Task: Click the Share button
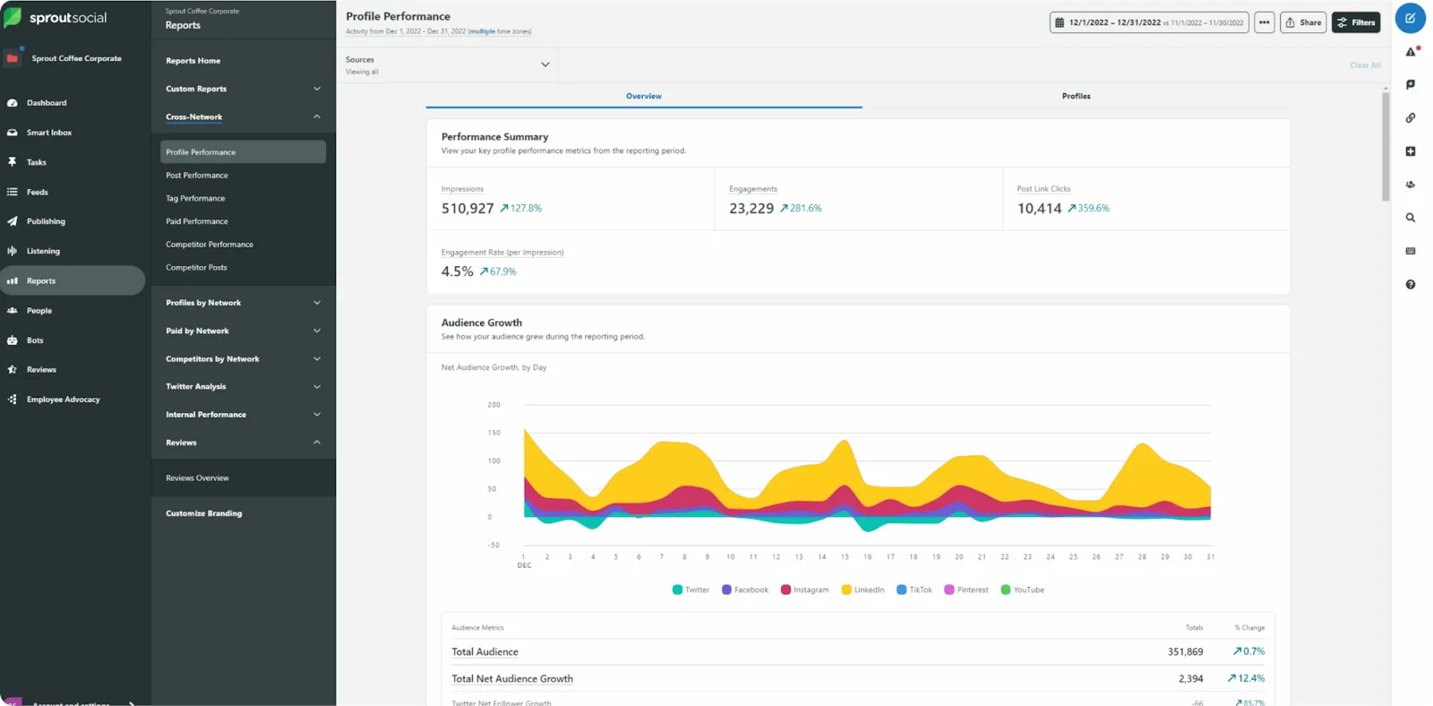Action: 1302,22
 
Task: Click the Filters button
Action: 1355,22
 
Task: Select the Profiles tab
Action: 1076,96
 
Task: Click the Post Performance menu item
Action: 197,176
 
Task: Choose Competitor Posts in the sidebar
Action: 196,267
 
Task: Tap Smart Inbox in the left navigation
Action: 49,133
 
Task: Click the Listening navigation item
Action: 43,251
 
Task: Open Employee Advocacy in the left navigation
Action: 63,400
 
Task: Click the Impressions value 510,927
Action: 468,209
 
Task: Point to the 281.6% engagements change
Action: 805,208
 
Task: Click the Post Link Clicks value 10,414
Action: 1039,209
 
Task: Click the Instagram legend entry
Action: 804,590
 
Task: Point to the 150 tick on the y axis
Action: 493,433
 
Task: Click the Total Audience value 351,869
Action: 1185,652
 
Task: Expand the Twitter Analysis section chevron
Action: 317,387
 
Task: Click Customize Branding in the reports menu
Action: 203,513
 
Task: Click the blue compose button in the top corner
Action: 1410,18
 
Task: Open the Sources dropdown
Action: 545,65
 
